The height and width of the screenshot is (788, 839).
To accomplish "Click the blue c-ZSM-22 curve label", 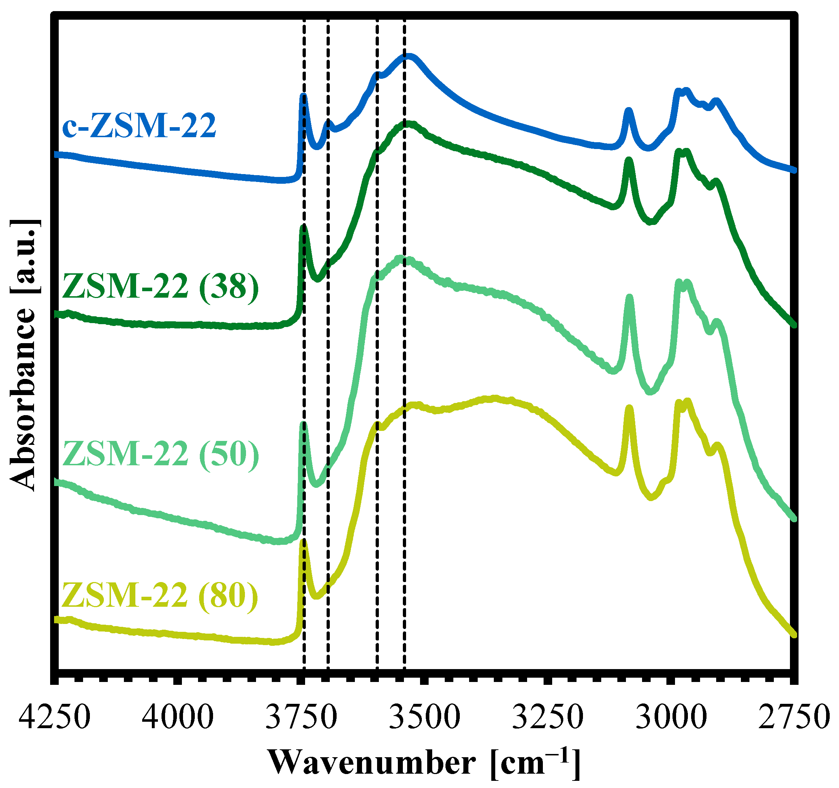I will coord(139,125).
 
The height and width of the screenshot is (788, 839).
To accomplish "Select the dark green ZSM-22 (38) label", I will coord(160,287).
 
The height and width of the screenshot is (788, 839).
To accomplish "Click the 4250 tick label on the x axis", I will coord(54,717).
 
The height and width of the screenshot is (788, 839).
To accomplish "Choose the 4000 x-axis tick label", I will coord(178,717).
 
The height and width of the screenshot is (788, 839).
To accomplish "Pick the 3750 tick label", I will coord(301,717).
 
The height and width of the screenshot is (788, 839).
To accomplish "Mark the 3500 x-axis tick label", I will coord(424,717).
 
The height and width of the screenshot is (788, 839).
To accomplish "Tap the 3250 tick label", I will coord(548,717).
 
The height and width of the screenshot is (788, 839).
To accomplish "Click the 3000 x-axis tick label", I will coord(671,717).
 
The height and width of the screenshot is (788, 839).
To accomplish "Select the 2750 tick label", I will coord(794,717).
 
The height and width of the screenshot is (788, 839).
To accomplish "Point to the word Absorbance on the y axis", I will coord(23,399).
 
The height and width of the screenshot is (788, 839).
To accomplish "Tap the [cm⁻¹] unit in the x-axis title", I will coord(535,763).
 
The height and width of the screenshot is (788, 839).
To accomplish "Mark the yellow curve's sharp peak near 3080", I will coord(629,408).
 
